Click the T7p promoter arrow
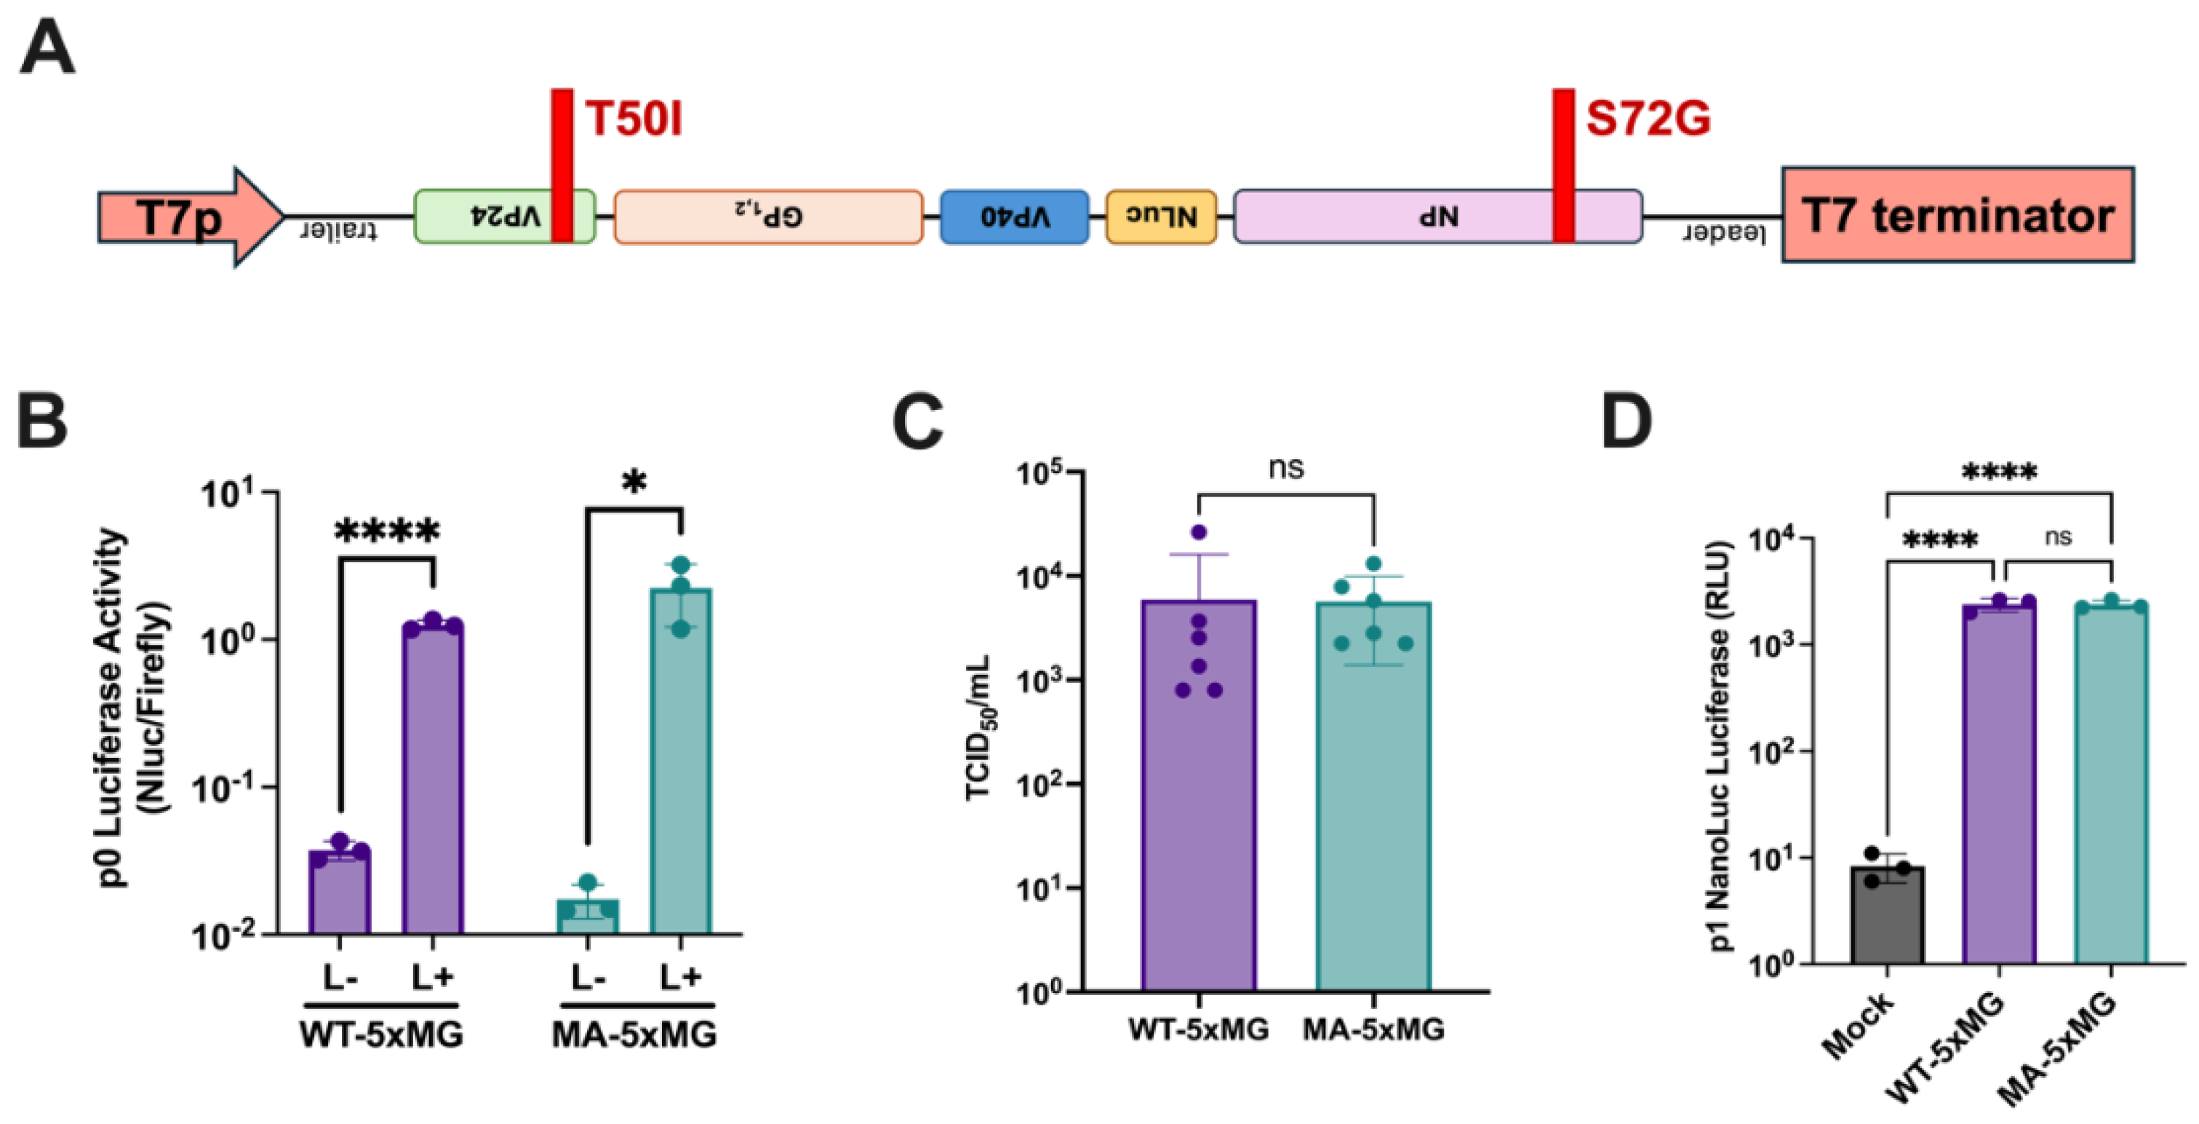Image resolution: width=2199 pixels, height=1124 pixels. click(x=188, y=217)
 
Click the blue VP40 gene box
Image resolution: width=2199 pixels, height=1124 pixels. click(x=1014, y=217)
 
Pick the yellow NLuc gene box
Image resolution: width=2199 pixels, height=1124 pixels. click(x=1161, y=217)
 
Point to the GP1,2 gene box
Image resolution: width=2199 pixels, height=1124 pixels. click(x=768, y=217)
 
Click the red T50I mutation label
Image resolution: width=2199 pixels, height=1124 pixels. click(x=634, y=119)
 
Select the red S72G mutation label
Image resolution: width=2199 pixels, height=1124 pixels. click(x=1648, y=119)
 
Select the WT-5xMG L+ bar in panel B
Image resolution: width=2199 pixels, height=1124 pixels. click(x=434, y=777)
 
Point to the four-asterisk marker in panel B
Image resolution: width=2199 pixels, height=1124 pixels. click(x=388, y=533)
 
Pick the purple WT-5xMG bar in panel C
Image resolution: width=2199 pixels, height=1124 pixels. click(x=1199, y=794)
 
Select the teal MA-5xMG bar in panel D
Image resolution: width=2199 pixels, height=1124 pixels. click(x=2111, y=785)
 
